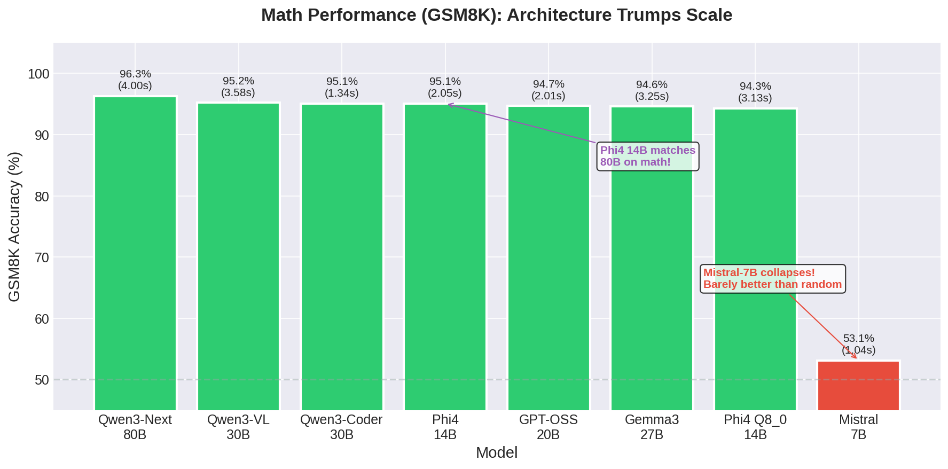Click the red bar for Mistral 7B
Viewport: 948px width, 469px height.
coord(858,386)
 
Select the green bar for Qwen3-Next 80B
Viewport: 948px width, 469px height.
coord(135,254)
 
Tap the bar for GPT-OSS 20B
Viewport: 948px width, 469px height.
coord(549,259)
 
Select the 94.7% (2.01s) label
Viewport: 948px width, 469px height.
coord(549,90)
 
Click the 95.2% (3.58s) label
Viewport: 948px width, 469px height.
coord(238,87)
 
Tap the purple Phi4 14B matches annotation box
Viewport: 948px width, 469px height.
coord(647,156)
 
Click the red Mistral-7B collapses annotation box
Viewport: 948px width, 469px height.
coord(772,278)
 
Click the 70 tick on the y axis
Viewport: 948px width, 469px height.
coord(42,257)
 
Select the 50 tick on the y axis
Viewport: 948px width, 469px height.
coord(42,380)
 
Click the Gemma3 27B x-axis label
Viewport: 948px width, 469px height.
coord(652,427)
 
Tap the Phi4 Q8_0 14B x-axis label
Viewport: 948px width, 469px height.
coord(755,427)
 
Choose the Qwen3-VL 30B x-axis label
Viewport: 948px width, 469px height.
coord(238,427)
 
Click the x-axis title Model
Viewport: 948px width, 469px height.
coord(496,452)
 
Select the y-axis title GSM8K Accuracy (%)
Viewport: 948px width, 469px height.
coord(14,226)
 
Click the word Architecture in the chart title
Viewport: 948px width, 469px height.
coord(559,15)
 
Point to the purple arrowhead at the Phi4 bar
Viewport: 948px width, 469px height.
coord(450,105)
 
